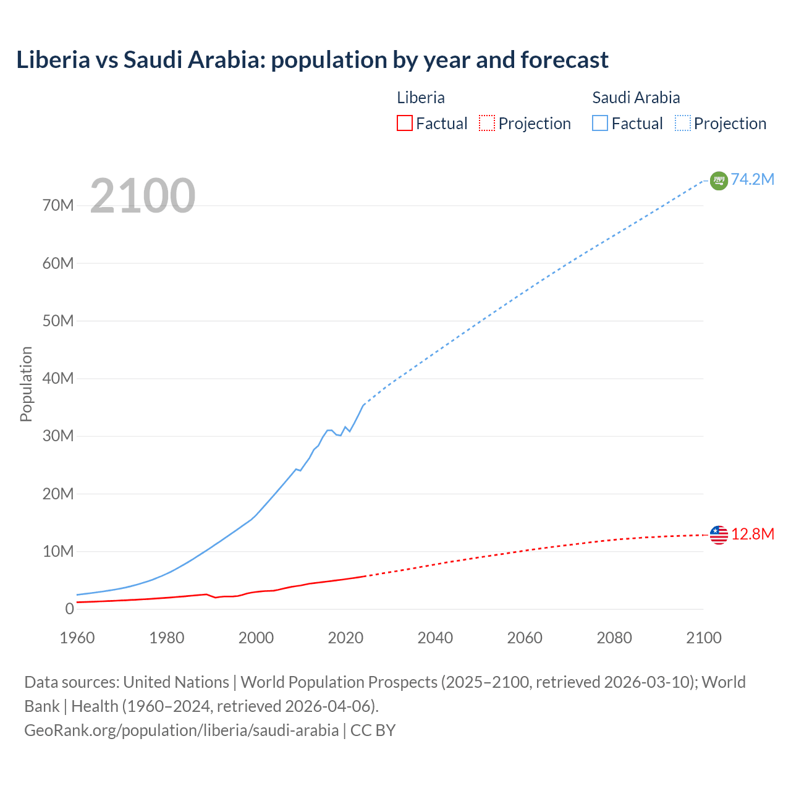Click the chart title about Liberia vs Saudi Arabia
point(312,60)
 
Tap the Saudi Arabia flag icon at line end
point(719,180)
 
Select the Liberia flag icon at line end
point(719,535)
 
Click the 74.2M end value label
point(753,179)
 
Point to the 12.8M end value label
point(753,534)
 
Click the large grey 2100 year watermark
point(143,196)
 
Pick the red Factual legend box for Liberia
point(405,123)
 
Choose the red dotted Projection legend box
point(487,123)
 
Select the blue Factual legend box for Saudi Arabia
point(600,123)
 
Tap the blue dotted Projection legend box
point(683,123)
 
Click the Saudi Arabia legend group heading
point(636,98)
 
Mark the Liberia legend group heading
point(421,98)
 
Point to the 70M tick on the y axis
point(58,205)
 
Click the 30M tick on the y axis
point(58,436)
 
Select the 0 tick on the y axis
point(69,609)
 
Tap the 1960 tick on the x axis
point(77,638)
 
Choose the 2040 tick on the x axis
point(435,638)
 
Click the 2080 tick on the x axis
point(614,638)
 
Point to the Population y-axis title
point(26,384)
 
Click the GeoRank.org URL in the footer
point(181,730)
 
